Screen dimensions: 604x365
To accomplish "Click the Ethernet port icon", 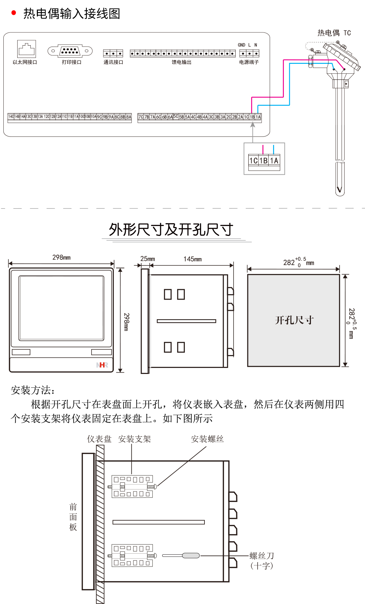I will coord(26,49).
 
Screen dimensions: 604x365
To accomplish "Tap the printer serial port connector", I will coord(70,51).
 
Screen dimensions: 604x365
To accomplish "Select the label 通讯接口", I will coord(113,62).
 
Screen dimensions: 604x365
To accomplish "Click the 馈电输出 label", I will coord(181,62).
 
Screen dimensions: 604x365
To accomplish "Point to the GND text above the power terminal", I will coord(241,45).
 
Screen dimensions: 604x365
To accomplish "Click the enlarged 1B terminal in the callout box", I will coord(264,161).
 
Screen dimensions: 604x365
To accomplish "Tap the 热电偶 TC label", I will coord(334,33).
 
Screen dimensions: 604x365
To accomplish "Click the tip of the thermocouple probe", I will coord(340,190).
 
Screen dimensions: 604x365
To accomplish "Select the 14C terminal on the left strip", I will coord(11,117).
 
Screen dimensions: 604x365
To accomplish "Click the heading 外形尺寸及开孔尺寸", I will coord(171,230).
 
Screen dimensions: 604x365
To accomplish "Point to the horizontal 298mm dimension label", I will coord(62,257).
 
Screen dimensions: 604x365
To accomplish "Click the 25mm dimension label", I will coord(147,259).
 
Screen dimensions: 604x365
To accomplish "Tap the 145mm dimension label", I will coord(193,259).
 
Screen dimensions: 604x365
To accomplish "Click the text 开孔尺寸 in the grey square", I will coord(294,320).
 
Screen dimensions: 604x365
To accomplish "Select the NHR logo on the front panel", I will coord(102,365).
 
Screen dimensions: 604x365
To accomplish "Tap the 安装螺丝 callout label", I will coord(207,439).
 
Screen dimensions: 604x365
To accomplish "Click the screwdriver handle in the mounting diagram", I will coord(191,555).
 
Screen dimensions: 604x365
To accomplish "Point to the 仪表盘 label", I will coord(99,439).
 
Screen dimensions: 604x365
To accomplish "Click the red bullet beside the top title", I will coord(14,13).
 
